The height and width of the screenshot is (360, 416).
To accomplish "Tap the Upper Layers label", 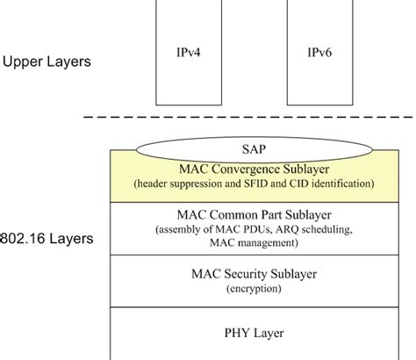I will click(47, 62).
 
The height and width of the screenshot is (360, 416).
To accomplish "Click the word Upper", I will click(24, 62).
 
